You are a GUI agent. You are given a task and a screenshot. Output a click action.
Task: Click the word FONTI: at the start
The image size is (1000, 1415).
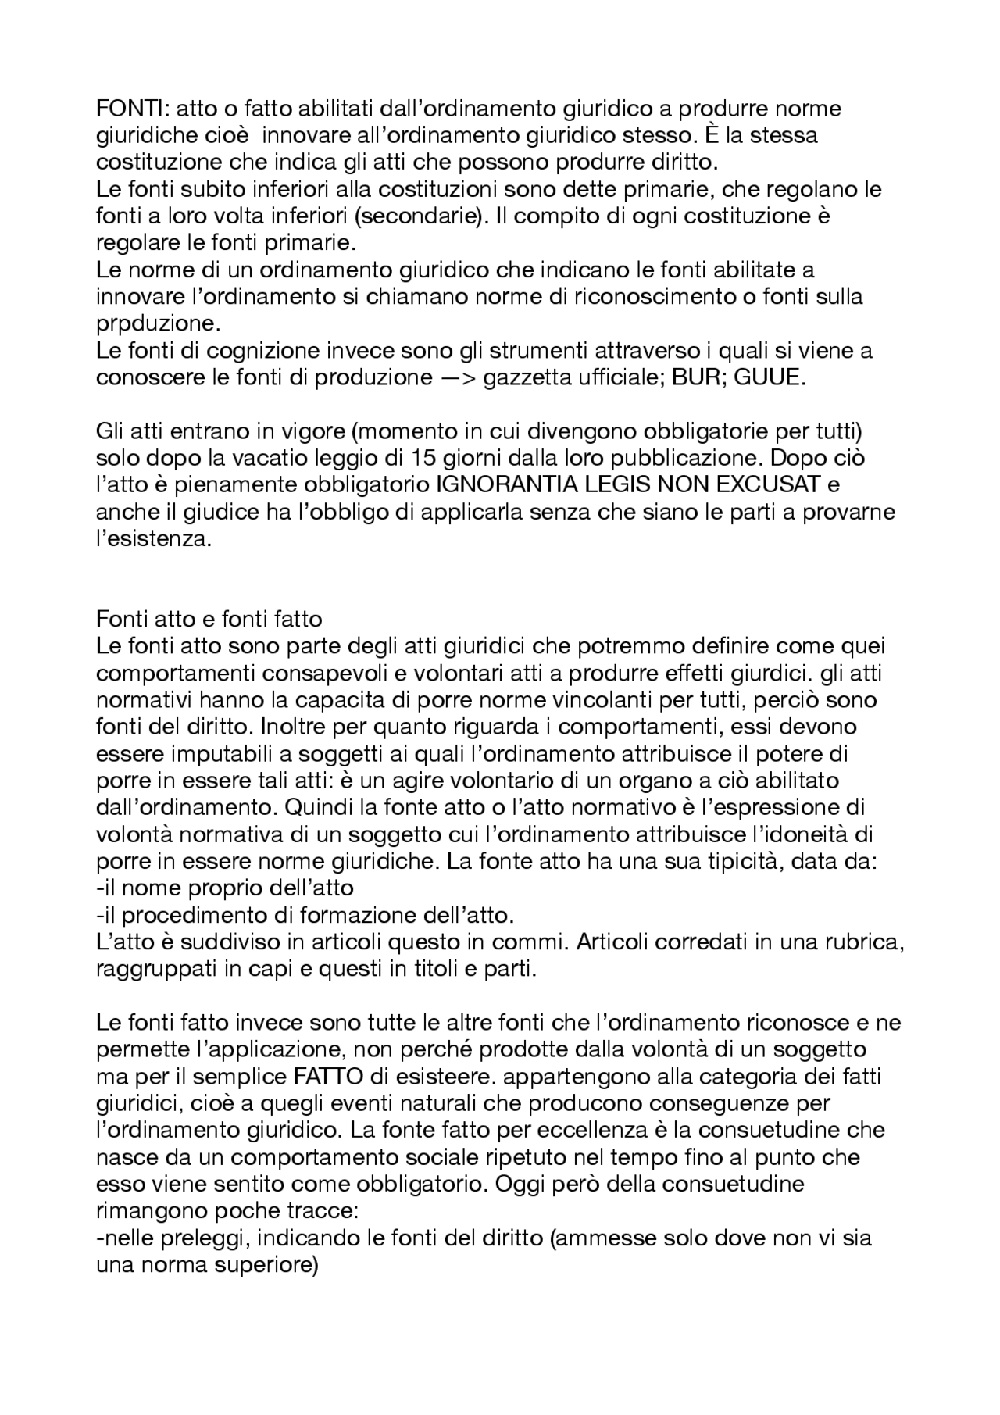pos(126,109)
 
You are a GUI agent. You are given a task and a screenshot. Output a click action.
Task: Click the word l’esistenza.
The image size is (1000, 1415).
pos(154,539)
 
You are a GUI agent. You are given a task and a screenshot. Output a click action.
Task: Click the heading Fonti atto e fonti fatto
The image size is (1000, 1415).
pos(209,620)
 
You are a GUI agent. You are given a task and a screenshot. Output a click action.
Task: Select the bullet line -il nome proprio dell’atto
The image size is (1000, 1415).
pos(225,888)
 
